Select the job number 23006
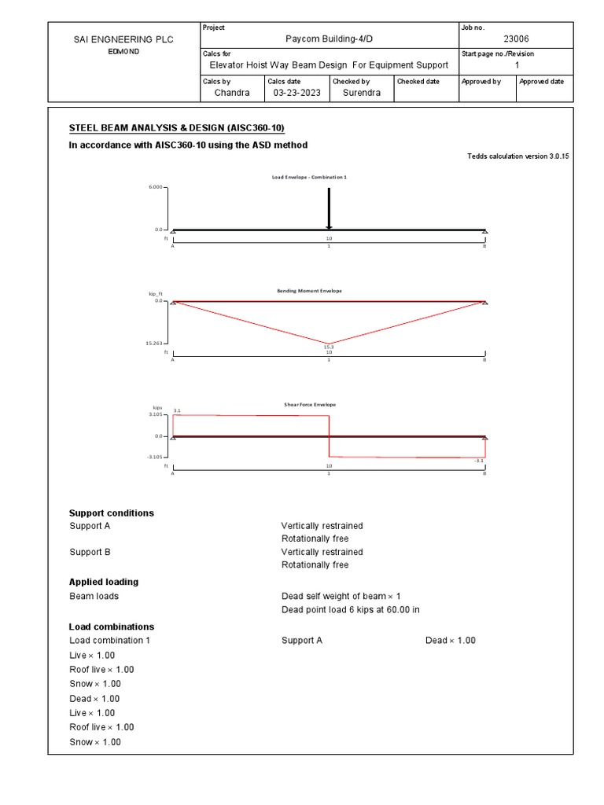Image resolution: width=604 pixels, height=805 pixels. coord(516,39)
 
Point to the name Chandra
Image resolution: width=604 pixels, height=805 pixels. coord(232,93)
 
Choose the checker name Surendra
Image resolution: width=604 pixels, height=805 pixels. coord(361,93)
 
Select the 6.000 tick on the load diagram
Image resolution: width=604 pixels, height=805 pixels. coord(154,188)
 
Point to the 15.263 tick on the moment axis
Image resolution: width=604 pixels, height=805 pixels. coord(154,344)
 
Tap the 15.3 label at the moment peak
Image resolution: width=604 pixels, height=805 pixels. coord(329,347)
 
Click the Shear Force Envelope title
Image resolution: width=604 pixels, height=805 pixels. coord(310,405)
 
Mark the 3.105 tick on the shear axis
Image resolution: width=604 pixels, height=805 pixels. coord(154,414)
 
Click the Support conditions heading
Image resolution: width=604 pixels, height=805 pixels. coord(112,513)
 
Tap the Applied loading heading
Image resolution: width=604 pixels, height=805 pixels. coord(104,583)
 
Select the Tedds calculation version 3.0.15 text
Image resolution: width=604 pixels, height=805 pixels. coord(517,156)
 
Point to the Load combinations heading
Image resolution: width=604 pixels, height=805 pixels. coord(112,627)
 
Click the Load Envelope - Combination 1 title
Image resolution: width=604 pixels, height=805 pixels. coord(309,178)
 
